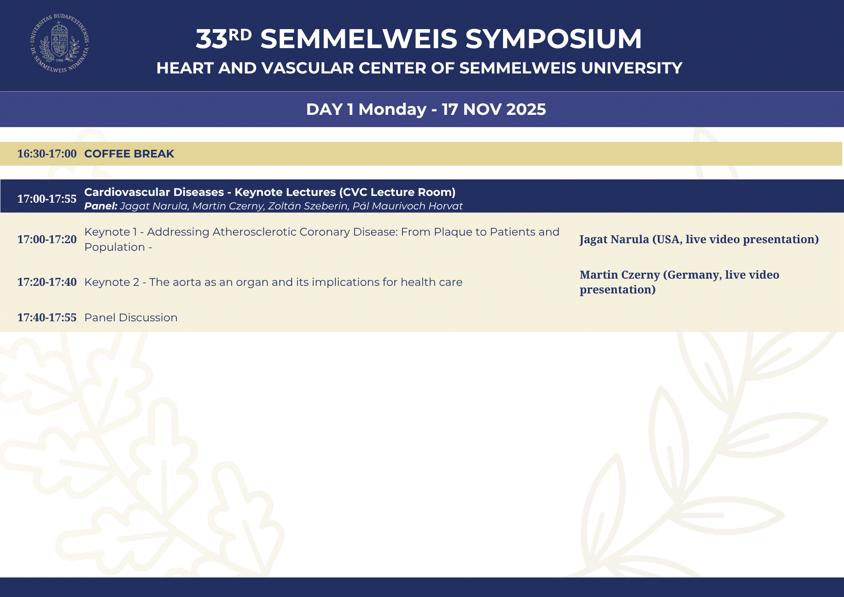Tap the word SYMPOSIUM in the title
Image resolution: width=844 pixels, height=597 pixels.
tap(553, 39)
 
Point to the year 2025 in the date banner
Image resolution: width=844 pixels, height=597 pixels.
tap(526, 109)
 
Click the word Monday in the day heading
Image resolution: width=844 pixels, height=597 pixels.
tap(392, 110)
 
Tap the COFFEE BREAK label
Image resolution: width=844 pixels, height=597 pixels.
tap(129, 154)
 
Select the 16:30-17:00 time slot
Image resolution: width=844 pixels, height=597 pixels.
tap(47, 154)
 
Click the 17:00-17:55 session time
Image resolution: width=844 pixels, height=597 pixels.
tap(47, 199)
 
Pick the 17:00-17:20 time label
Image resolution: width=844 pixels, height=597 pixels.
tap(47, 239)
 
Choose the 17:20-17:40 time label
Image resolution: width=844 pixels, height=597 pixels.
tap(47, 282)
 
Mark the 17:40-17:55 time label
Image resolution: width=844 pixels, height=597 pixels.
tap(47, 317)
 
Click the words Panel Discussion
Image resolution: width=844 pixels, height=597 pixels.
tap(131, 317)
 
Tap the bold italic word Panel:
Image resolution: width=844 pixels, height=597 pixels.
tap(101, 206)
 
